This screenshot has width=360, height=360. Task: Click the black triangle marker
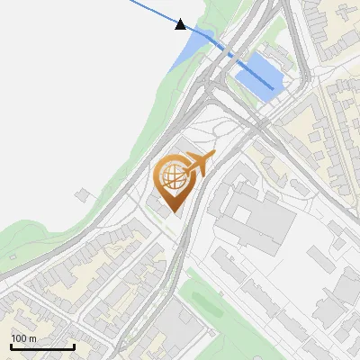tap(181, 24)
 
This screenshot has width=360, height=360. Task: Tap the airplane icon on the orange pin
tap(197, 165)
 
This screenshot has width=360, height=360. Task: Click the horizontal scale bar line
tap(42, 346)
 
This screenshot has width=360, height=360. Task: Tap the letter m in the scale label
tap(32, 338)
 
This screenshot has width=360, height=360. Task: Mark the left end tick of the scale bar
tap(12, 346)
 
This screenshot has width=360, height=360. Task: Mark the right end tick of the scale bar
tap(74, 346)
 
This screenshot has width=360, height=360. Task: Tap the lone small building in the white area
tap(84, 194)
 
